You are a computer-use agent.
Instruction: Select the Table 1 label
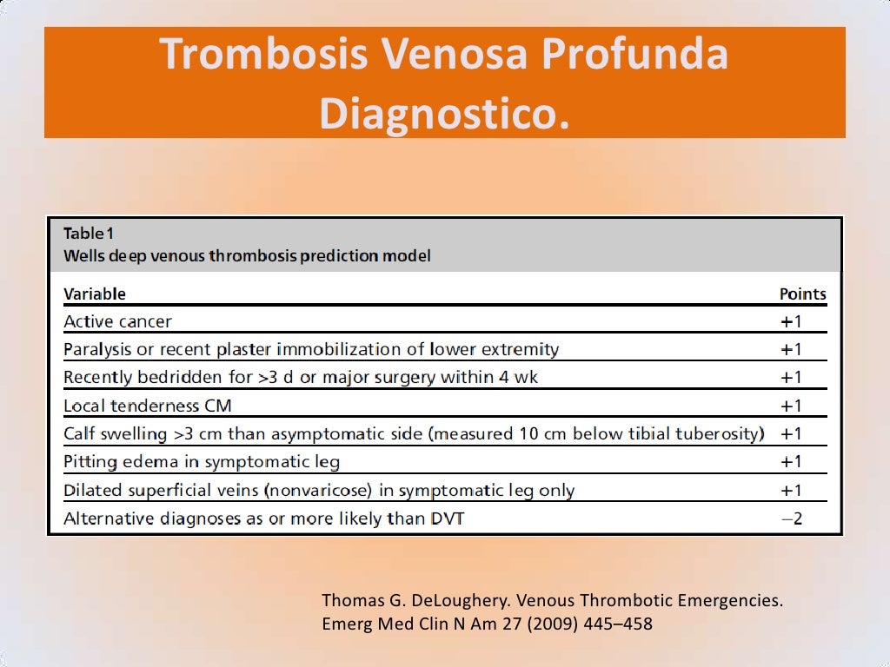coord(89,233)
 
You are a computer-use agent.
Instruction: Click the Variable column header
coord(95,294)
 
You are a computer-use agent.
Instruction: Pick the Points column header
coord(802,294)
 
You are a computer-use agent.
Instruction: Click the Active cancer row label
coord(117,321)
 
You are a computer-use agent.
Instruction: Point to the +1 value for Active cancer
coord(791,321)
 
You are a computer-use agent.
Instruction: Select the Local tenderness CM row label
coord(148,406)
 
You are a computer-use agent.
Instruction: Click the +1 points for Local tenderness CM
coord(791,406)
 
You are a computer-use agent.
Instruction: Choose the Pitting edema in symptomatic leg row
coord(202,461)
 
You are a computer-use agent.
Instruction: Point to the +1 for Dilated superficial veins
coord(791,490)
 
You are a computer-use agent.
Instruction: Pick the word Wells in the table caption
coord(83,256)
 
